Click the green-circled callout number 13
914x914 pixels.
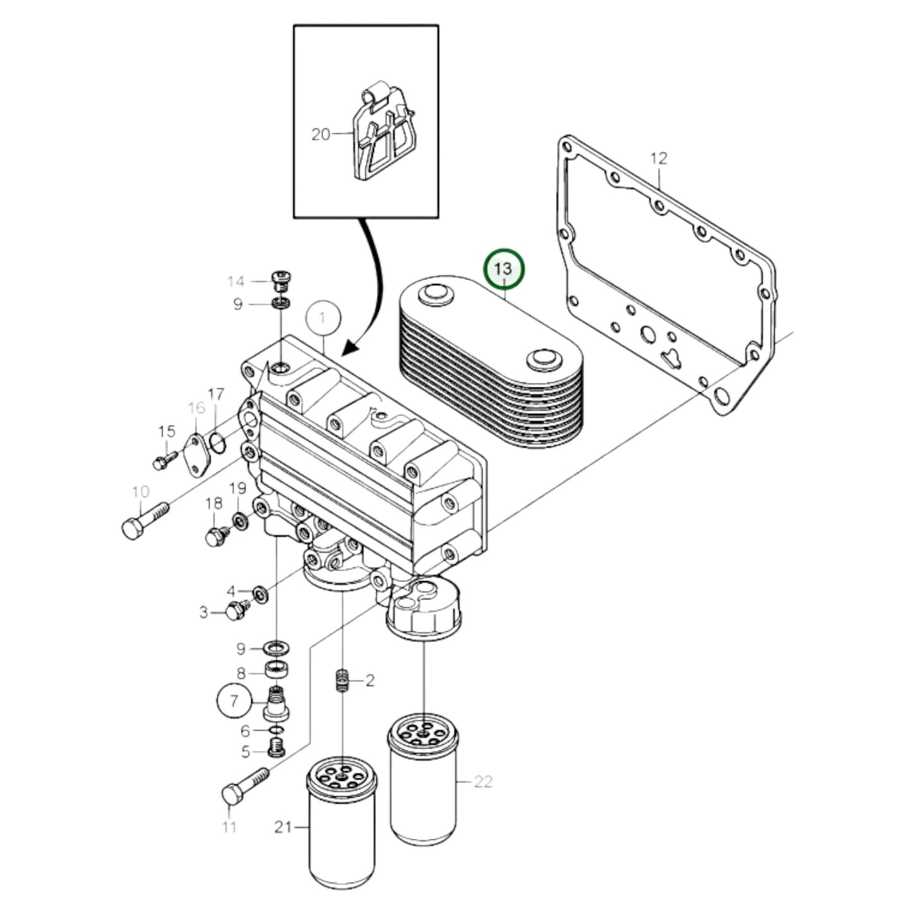tap(504, 269)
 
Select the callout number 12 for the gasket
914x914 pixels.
tap(658, 158)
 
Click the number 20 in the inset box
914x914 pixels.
tap(321, 134)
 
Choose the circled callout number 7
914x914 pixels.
tap(234, 700)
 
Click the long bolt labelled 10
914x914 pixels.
tap(144, 520)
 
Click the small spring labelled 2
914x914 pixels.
tap(342, 681)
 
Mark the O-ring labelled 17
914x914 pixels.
tap(216, 443)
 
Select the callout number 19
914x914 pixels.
tap(237, 488)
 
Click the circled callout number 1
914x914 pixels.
tap(323, 317)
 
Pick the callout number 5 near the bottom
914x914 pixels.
tap(245, 751)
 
